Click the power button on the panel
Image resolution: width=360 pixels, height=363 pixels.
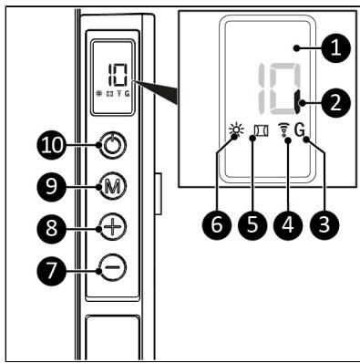coord(112,146)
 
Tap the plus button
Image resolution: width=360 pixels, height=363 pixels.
coord(112,227)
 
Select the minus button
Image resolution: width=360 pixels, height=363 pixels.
coord(112,267)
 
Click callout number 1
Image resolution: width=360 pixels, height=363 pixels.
coord(335,48)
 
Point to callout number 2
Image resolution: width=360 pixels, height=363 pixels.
coord(335,103)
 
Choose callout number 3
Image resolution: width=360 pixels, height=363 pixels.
coord(324,225)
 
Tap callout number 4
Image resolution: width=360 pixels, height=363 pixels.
coord(288,225)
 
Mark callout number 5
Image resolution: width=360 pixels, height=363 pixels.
coord(252,225)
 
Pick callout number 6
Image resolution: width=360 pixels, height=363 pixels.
coord(216,225)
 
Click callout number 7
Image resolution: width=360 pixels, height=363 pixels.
coord(51,270)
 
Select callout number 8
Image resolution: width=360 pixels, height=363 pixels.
coord(51,228)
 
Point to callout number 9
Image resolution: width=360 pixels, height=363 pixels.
coord(51,186)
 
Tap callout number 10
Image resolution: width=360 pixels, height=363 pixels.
coord(52,145)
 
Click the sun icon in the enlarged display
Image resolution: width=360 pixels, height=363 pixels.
coord(237,131)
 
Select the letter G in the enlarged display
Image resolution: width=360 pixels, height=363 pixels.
coord(300,130)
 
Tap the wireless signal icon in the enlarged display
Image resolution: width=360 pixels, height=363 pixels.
coord(283,131)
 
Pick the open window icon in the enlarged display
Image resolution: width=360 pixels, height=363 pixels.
coord(262,131)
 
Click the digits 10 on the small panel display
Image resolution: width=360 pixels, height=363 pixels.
coord(118,75)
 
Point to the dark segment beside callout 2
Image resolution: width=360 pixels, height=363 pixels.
coord(297,102)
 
